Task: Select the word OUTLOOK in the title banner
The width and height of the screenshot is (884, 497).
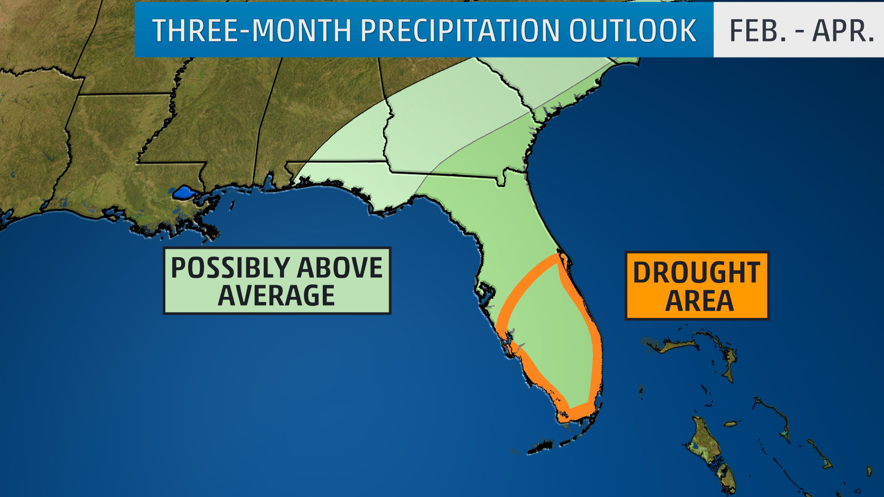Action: [633, 31]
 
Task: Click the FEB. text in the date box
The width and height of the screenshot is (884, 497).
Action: [757, 31]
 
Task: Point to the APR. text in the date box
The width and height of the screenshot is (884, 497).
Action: [843, 31]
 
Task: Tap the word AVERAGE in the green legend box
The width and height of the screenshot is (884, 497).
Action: [276, 295]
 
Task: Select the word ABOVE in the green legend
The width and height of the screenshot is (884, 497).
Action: [339, 268]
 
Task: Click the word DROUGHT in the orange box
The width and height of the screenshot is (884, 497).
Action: [697, 272]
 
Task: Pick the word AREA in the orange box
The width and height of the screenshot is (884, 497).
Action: [699, 301]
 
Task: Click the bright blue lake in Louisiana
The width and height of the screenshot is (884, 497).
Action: [183, 192]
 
